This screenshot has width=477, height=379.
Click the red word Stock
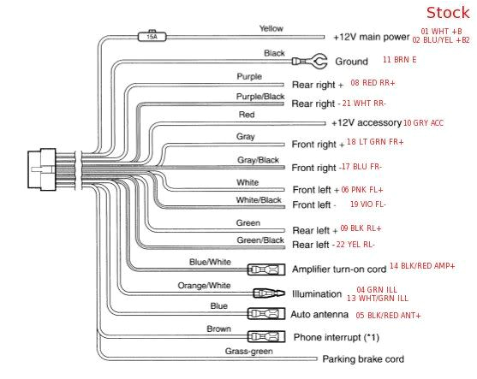click(447, 13)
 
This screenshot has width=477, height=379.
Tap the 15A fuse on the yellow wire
click(153, 37)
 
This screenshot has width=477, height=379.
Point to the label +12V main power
click(371, 37)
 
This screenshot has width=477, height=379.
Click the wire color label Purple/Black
click(260, 97)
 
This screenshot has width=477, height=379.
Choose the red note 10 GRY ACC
click(423, 123)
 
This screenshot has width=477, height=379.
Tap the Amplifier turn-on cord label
click(338, 269)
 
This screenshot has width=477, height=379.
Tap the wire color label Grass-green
click(249, 351)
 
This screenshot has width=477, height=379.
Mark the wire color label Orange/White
click(204, 285)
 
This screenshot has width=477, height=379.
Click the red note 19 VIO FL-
click(367, 204)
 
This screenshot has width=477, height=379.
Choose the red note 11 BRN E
click(399, 60)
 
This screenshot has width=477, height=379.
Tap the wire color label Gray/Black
click(258, 161)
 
